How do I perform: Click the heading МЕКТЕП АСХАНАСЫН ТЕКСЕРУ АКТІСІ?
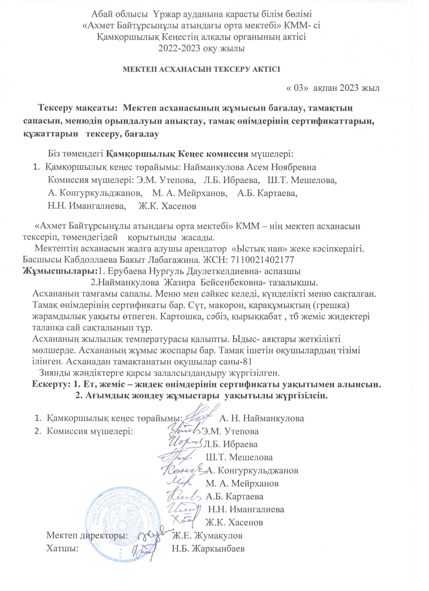pos(201,70)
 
